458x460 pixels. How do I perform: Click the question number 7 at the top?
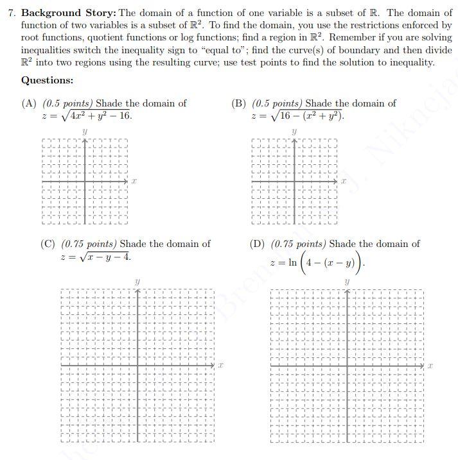pos(11,13)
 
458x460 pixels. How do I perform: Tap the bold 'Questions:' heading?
pos(47,80)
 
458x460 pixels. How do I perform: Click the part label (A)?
pos(30,103)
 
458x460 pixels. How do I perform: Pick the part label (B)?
pos(239,103)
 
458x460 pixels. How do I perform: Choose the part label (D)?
pos(258,244)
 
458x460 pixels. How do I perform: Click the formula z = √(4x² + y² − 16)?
pos(87,116)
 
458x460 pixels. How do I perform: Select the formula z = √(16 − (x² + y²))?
pos(298,116)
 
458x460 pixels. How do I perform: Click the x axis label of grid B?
pos(344,182)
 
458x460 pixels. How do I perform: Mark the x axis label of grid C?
pos(220,366)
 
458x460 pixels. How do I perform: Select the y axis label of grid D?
pos(347,281)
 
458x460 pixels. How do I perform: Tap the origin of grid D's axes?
pos(348,366)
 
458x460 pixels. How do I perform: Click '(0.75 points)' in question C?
pos(89,244)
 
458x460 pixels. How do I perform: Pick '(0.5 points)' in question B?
pos(277,103)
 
